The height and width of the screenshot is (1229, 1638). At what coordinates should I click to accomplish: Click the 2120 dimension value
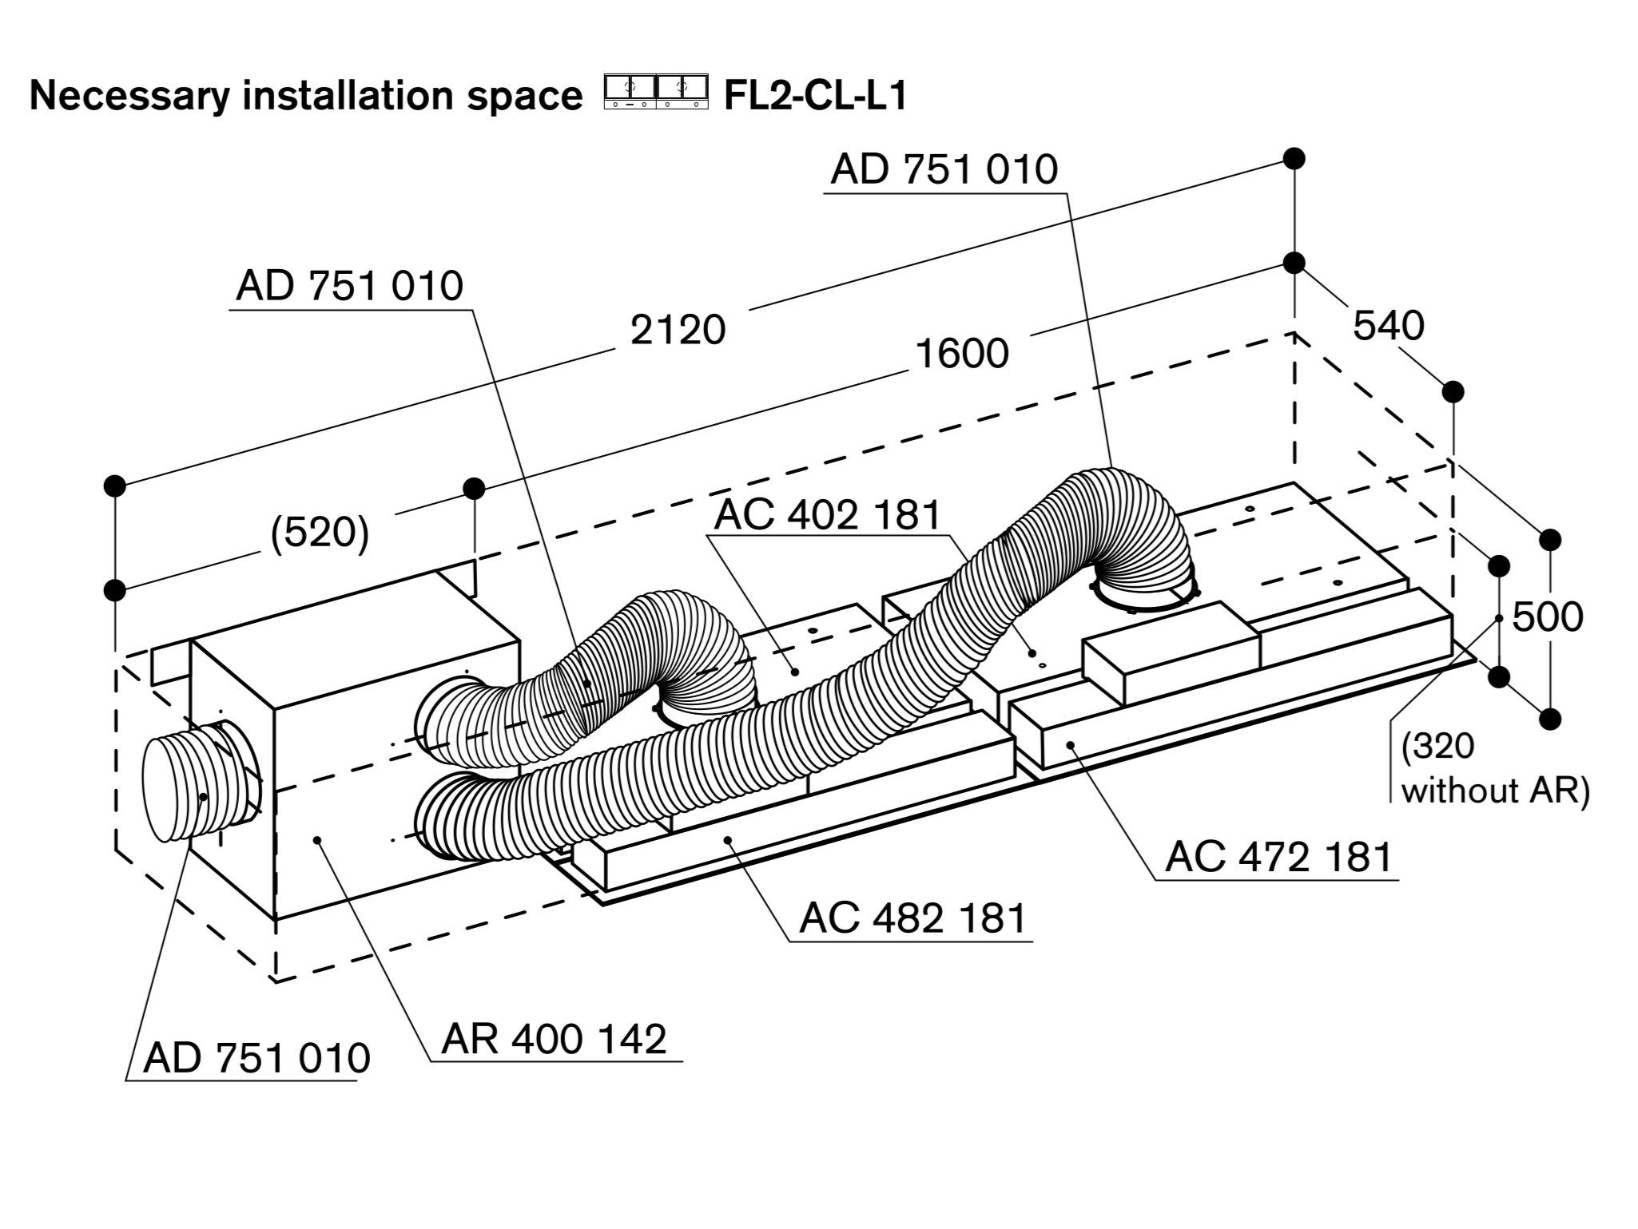coord(678,329)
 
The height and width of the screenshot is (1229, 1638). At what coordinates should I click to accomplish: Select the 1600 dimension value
coord(962,353)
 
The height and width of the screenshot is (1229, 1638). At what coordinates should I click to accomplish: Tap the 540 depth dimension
coord(1388,326)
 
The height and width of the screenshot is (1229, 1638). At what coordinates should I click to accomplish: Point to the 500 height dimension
coord(1548,616)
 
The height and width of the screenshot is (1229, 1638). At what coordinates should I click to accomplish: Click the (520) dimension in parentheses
coord(320,533)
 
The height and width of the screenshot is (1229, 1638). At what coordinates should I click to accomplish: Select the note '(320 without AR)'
coord(1495,768)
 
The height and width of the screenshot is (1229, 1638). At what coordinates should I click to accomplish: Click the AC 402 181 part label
coord(828,515)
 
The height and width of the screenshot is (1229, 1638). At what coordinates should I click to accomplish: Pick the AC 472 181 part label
coord(1278,857)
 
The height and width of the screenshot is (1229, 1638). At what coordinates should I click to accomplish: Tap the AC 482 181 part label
coord(912,918)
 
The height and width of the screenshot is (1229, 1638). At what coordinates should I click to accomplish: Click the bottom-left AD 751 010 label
coord(256,1058)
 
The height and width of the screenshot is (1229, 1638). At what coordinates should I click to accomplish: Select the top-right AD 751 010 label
coord(944,169)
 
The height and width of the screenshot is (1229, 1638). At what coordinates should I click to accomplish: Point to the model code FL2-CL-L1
coord(815,97)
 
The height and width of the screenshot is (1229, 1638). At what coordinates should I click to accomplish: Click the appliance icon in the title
coord(656,93)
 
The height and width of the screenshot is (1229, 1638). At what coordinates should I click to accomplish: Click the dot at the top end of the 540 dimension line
coord(1294,263)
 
